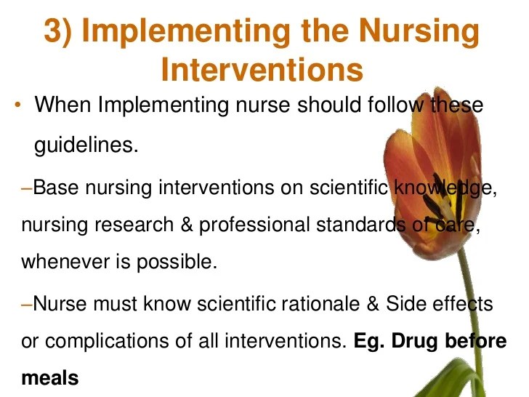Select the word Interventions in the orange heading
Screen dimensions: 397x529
[262, 70]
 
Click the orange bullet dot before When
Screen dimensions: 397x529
[16, 106]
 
